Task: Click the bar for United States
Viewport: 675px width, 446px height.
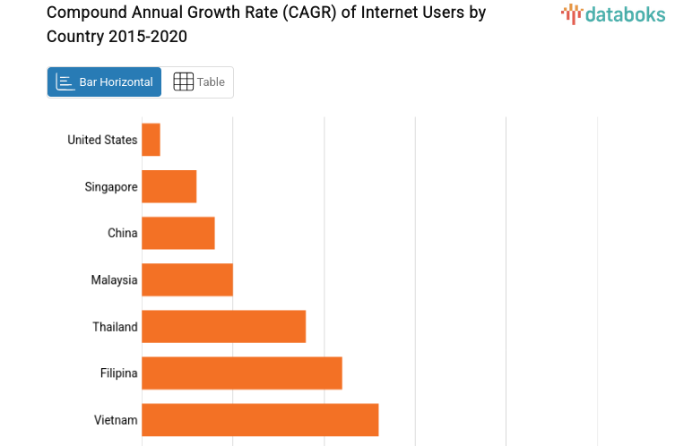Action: (x=151, y=140)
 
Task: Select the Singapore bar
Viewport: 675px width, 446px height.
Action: (x=169, y=186)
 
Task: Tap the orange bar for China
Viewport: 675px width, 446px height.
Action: (x=177, y=233)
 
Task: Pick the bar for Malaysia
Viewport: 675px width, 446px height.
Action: (x=186, y=279)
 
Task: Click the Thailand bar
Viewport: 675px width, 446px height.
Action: (x=223, y=326)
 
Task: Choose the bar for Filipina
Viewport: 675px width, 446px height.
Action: (x=241, y=373)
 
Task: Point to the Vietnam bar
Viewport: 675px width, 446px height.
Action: (x=260, y=420)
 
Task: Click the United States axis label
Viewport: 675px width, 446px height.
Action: (x=102, y=140)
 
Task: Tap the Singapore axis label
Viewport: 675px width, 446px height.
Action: (x=111, y=186)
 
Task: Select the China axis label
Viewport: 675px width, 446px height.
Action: (x=122, y=233)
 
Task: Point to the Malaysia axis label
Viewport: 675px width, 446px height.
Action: (x=114, y=280)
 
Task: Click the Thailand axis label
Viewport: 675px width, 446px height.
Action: (x=115, y=327)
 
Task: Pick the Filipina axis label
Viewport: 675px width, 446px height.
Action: (x=118, y=373)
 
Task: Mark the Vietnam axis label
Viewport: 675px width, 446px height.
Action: (x=116, y=420)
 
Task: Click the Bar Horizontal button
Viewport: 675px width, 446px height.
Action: (x=104, y=82)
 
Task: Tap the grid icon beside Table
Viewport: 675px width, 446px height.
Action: (x=183, y=82)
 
